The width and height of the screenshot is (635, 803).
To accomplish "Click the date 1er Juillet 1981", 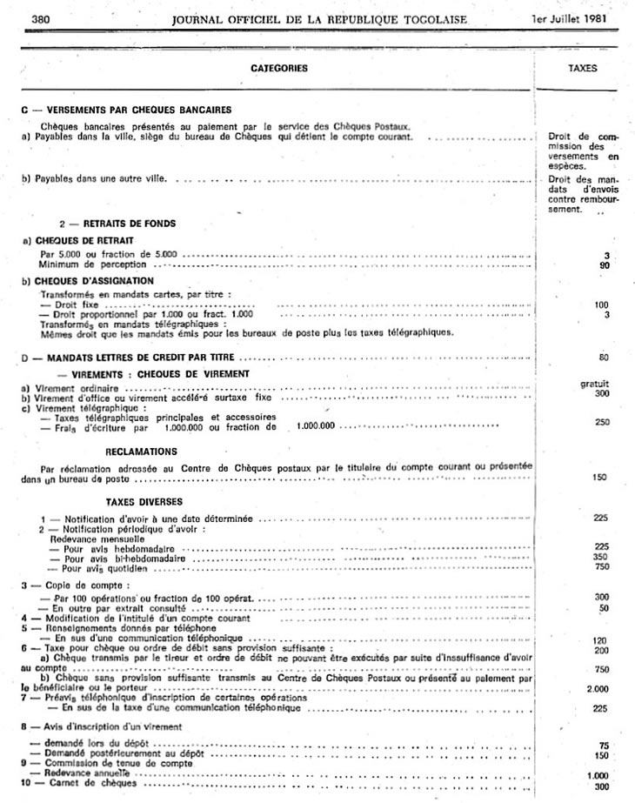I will [571, 18].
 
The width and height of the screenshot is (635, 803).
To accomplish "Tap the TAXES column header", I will [582, 67].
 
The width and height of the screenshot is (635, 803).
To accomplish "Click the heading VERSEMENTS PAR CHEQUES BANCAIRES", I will [128, 110].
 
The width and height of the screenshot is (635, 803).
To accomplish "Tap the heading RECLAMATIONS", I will [141, 452].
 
